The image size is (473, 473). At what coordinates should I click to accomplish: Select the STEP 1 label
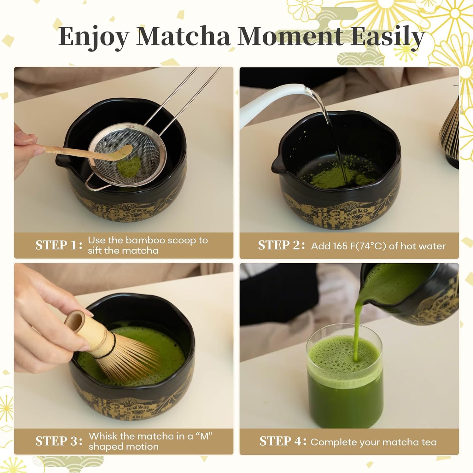[x=59, y=245]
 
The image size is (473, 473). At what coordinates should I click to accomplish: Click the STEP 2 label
[x=281, y=245]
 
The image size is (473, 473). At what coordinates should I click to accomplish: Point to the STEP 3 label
[x=59, y=441]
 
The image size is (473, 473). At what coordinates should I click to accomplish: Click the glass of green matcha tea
[x=345, y=377]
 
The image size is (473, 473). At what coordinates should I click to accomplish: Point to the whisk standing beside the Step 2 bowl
[x=449, y=132]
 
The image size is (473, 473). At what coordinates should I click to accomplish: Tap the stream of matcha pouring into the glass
[x=357, y=328]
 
